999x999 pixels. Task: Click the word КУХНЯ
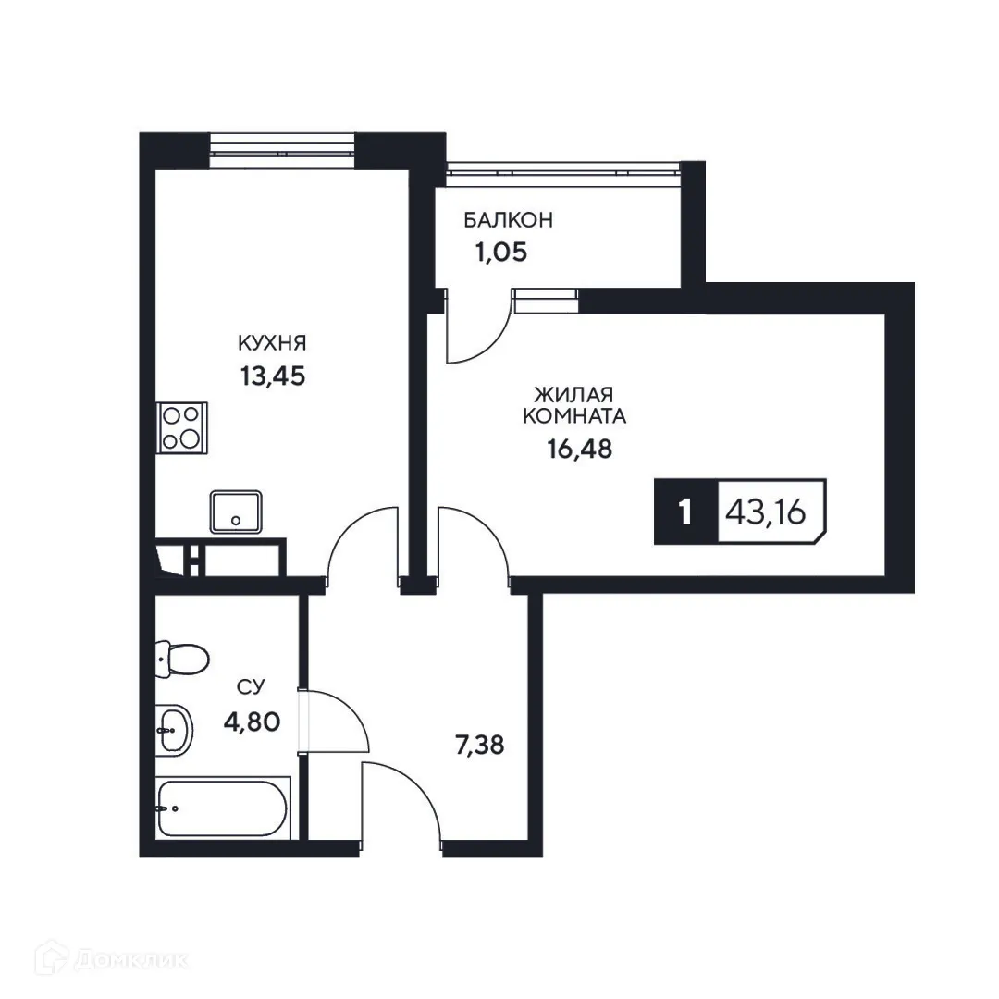(272, 343)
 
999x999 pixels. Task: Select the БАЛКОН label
(508, 220)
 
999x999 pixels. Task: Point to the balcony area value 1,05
(500, 253)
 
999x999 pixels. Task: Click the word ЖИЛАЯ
(573, 395)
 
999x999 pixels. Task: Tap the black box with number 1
(684, 512)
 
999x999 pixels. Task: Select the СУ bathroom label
(252, 686)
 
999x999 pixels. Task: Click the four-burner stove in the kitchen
(181, 427)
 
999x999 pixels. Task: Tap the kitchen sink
(236, 512)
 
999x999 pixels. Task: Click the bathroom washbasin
(173, 729)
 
